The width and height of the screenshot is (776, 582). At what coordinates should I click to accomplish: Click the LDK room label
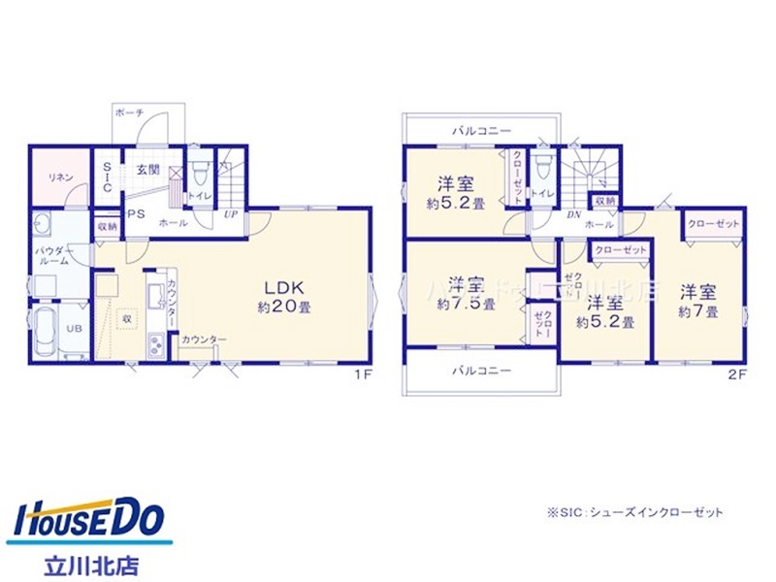tap(282, 287)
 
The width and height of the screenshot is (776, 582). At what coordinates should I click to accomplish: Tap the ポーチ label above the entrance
tap(129, 113)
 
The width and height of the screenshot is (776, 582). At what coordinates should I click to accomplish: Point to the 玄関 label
tap(147, 170)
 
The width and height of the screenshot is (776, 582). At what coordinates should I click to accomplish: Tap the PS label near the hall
tap(136, 214)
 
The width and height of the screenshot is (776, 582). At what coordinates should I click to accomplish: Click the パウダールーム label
tap(49, 255)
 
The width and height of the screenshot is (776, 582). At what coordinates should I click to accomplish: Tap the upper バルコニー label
tap(480, 128)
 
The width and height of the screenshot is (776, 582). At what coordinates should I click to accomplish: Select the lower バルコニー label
tap(480, 371)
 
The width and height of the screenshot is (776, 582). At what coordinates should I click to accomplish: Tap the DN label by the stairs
tap(573, 215)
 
